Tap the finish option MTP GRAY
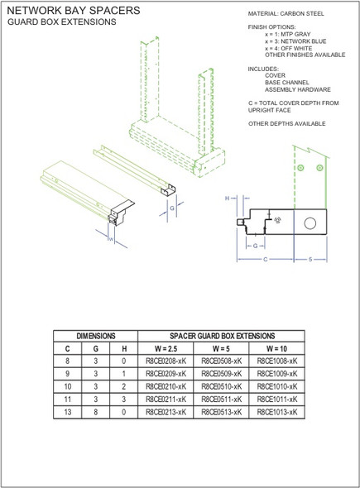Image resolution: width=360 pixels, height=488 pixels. click(290, 33)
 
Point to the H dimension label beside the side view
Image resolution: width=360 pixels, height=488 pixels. click(228, 199)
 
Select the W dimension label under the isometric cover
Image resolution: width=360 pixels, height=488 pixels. click(111, 239)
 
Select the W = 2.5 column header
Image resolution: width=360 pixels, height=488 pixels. click(166, 349)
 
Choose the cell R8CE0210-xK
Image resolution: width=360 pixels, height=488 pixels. click(166, 385)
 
